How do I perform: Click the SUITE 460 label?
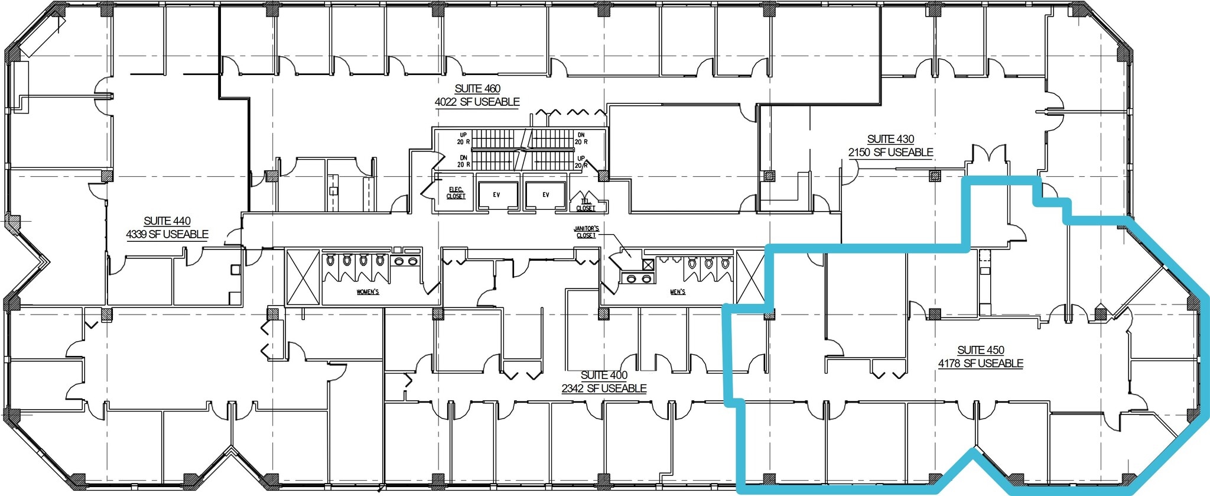(x=477, y=89)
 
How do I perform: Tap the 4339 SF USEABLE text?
(x=167, y=235)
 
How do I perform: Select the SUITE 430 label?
(x=890, y=139)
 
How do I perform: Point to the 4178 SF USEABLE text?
(x=980, y=364)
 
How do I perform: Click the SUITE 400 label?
(x=604, y=375)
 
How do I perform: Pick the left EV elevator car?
(x=496, y=195)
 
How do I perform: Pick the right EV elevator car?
(x=545, y=195)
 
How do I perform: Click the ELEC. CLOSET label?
(x=456, y=193)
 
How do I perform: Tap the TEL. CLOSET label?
(x=586, y=205)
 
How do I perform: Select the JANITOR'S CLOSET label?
(x=586, y=232)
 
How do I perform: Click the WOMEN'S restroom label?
(x=367, y=292)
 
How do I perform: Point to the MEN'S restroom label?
(x=678, y=292)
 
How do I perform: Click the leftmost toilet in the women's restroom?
(x=331, y=260)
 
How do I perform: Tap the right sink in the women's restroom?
(x=413, y=261)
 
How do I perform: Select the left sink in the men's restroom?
(x=632, y=278)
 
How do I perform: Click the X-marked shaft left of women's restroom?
(x=303, y=277)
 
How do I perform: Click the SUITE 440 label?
(x=167, y=221)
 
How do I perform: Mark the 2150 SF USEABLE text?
(x=890, y=153)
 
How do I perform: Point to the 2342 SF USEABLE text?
(x=604, y=389)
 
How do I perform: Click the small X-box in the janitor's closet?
(x=648, y=265)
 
